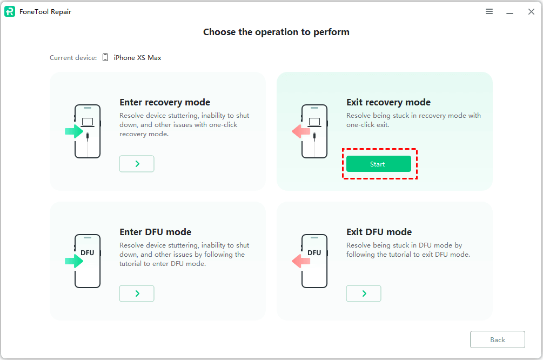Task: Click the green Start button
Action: click(379, 164)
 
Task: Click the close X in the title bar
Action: click(531, 12)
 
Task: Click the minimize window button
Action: click(510, 13)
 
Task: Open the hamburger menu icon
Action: click(489, 11)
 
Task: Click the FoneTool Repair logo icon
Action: click(10, 11)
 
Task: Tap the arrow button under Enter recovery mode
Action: click(137, 164)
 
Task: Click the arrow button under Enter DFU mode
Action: click(137, 294)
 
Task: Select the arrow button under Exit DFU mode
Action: click(364, 294)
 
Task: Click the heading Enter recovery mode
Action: click(165, 102)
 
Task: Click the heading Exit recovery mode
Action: click(388, 102)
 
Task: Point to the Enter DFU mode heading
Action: click(156, 232)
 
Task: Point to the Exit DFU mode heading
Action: click(379, 232)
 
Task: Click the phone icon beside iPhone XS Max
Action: click(105, 57)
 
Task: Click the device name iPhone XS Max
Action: click(137, 58)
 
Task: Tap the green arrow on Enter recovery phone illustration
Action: click(74, 131)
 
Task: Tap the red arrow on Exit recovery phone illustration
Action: click(301, 131)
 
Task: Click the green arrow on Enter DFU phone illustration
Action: click(74, 261)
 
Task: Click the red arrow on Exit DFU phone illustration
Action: click(301, 261)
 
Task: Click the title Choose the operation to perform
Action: click(276, 32)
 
